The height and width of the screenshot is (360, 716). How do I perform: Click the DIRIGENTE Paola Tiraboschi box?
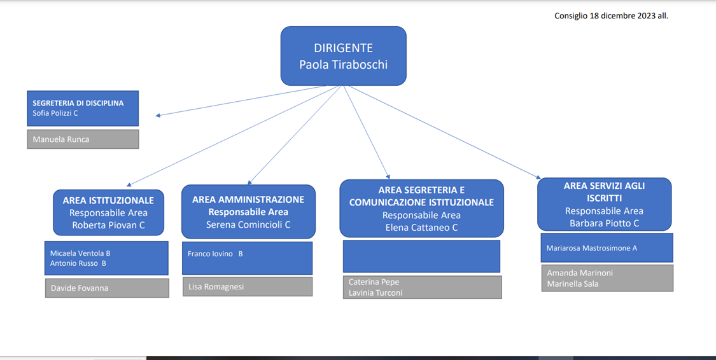click(343, 56)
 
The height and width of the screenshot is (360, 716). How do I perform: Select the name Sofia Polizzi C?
click(55, 113)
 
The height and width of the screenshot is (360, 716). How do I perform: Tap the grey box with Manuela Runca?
click(83, 139)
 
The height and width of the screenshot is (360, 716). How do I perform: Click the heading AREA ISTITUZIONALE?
click(108, 200)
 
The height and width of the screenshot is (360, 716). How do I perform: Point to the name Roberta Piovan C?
click(108, 225)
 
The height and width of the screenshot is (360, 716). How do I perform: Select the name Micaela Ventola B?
click(80, 253)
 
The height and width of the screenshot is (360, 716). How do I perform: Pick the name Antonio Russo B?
click(78, 263)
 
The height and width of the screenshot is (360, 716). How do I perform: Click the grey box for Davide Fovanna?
click(107, 288)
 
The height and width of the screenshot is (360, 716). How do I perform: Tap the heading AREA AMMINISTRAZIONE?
click(248, 200)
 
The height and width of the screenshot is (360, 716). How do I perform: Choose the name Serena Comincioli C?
click(248, 225)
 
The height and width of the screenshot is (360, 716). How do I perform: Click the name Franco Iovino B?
click(215, 254)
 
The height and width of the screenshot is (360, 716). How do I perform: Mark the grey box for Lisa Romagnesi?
click(248, 287)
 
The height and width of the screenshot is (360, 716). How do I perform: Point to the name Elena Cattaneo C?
click(421, 228)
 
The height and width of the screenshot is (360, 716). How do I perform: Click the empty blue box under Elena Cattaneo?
click(421, 256)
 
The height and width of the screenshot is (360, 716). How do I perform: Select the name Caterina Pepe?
click(374, 282)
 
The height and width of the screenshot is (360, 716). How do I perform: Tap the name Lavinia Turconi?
click(376, 293)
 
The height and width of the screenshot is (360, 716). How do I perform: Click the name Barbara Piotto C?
click(604, 223)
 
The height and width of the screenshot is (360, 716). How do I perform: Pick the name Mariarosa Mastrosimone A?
click(592, 248)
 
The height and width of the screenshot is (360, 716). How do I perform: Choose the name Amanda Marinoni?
click(580, 273)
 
